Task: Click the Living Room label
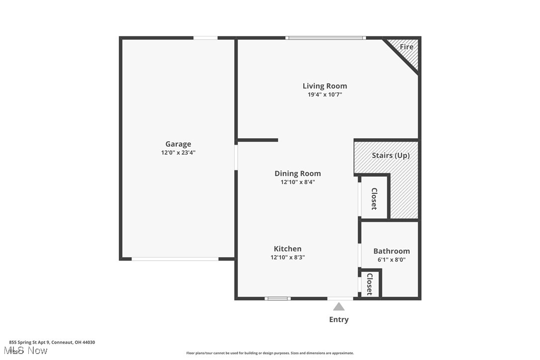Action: (325, 86)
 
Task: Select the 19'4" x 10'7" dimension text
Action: (325, 94)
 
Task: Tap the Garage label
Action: (178, 144)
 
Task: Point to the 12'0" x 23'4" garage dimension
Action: (178, 153)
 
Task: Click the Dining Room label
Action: (297, 173)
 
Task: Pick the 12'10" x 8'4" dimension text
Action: (297, 182)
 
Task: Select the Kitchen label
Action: (287, 249)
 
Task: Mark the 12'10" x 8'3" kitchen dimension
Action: (287, 258)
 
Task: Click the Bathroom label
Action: (391, 251)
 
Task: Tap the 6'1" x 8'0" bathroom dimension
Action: (391, 260)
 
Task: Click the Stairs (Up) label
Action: (390, 155)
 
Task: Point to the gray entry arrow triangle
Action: (339, 307)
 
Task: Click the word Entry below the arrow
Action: (339, 320)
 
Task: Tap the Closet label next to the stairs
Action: (374, 198)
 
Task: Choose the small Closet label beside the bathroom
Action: (369, 284)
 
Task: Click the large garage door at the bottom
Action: (175, 259)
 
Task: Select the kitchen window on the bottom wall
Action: (277, 298)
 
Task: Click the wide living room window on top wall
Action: (326, 38)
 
